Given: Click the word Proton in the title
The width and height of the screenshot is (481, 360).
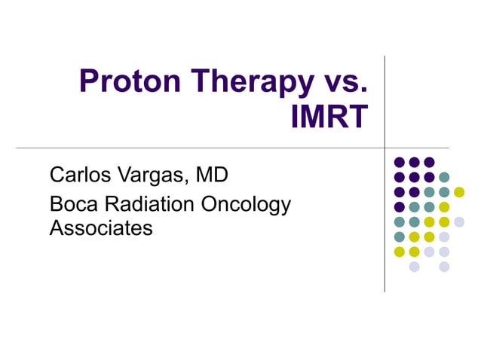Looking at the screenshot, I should tap(124, 82).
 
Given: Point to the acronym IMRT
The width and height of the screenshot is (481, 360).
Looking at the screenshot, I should tap(329, 116).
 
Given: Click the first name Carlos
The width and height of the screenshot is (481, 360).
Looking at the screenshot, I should tap(81, 175).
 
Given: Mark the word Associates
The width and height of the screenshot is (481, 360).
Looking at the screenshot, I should tap(101, 227).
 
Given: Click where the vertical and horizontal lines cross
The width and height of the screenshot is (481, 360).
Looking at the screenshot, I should tap(384, 148).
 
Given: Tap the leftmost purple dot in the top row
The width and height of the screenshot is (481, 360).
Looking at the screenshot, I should tap(400, 162).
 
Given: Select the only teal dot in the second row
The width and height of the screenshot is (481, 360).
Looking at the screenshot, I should tap(444, 177).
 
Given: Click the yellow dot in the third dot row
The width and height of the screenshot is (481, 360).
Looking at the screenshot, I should tap(459, 192).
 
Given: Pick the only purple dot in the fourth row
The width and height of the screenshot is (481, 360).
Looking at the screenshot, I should tap(400, 207).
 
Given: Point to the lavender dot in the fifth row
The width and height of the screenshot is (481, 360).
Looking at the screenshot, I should tap(459, 221).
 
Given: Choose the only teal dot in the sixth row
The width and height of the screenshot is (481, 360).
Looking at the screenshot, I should tap(400, 236).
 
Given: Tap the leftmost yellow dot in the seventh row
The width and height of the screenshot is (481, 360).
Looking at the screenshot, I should tap(400, 252).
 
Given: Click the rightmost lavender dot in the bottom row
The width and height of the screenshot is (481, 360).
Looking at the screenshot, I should tap(444, 267).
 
